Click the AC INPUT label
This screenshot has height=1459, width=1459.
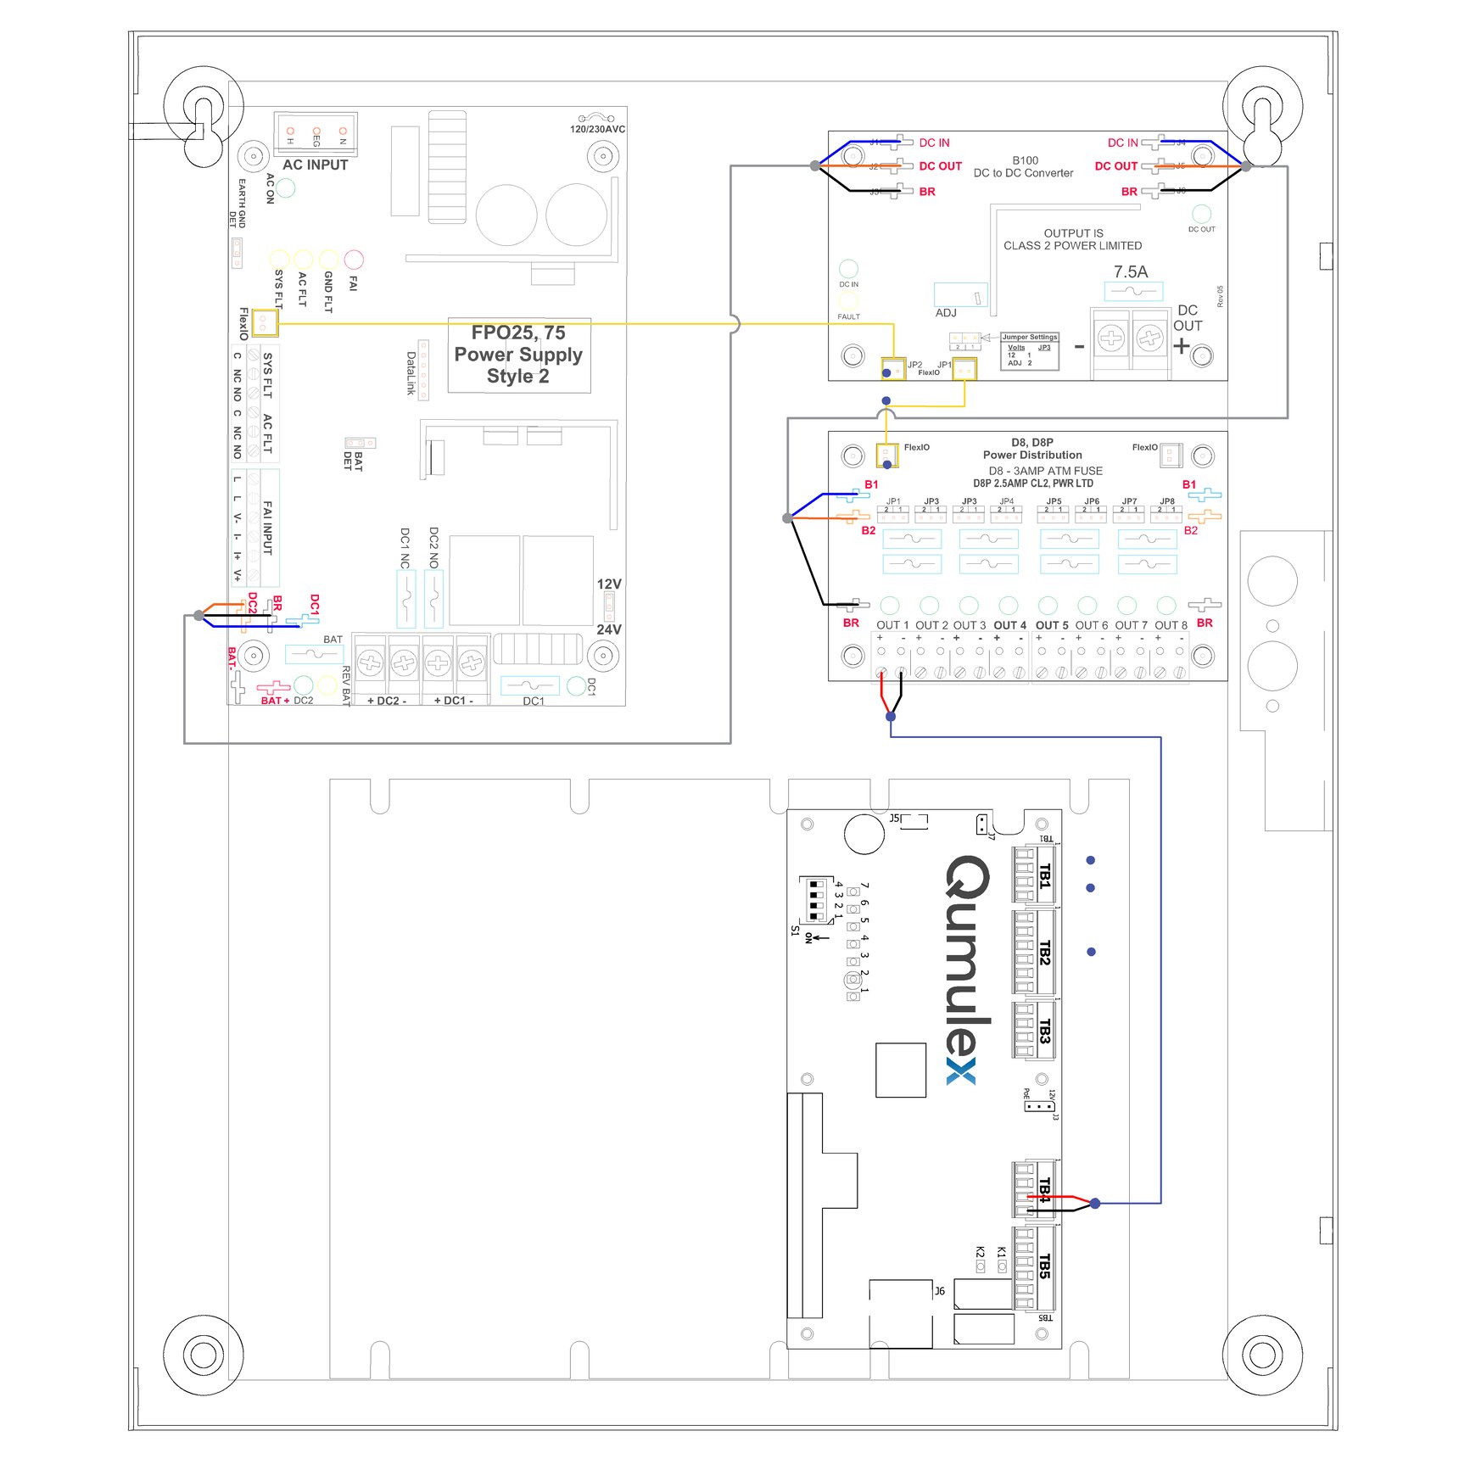(x=315, y=165)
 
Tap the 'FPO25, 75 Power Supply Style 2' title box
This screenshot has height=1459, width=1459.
(x=518, y=355)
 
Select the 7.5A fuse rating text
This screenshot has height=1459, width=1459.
(x=1130, y=271)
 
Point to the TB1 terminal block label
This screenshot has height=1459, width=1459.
(x=1045, y=875)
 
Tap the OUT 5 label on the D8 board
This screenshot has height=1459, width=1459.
(x=1052, y=625)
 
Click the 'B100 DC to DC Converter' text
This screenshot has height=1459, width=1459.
(x=1024, y=166)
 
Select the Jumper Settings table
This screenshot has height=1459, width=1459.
(x=1030, y=350)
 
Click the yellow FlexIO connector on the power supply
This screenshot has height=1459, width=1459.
(x=265, y=323)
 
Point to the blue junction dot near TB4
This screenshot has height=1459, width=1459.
(x=1095, y=1203)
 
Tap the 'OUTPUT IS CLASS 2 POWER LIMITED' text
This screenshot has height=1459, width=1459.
(x=1073, y=239)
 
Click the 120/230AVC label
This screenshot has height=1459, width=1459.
(x=597, y=129)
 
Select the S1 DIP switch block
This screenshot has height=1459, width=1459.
(x=815, y=900)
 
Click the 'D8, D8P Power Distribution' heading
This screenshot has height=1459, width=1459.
(x=1032, y=449)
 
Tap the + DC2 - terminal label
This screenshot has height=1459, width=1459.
(x=387, y=701)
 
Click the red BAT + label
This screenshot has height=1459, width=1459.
(x=275, y=701)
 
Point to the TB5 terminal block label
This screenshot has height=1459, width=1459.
(x=1045, y=1266)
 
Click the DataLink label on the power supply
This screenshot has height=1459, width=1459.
(x=411, y=373)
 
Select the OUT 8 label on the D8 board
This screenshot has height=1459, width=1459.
(x=1171, y=625)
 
